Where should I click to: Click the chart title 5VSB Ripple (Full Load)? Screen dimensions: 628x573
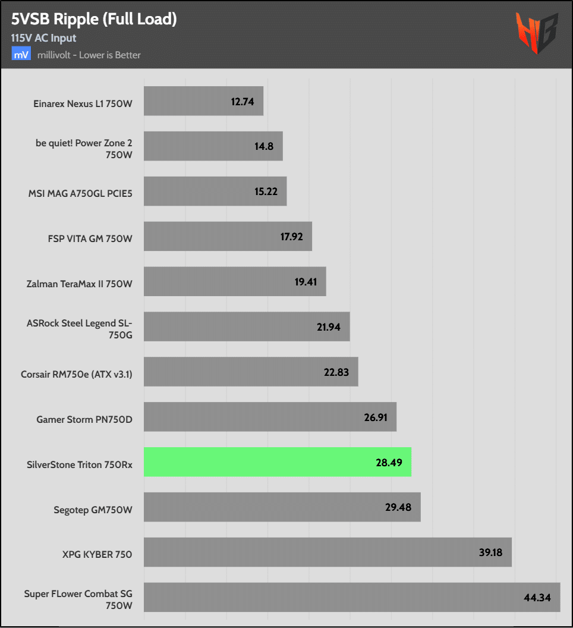click(x=94, y=19)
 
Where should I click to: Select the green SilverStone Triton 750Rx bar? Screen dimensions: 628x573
click(x=277, y=461)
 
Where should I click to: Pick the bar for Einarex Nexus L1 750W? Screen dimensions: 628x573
click(x=203, y=101)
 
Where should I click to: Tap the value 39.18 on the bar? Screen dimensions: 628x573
click(x=490, y=552)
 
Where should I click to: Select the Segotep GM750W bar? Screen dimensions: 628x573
click(x=282, y=507)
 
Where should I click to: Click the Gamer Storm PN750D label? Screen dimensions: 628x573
click(x=84, y=420)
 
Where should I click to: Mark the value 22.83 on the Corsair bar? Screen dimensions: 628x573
click(x=337, y=372)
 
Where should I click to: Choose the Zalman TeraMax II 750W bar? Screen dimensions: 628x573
click(x=234, y=281)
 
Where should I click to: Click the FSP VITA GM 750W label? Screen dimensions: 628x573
click(x=90, y=238)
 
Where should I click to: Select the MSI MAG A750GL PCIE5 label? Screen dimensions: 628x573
click(x=80, y=193)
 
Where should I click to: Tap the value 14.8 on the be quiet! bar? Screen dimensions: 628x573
click(x=263, y=146)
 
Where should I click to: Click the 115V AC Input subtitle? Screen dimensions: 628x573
click(x=43, y=38)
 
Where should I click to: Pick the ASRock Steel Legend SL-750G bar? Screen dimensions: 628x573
click(x=246, y=326)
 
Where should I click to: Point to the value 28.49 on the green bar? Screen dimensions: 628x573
click(x=390, y=462)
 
